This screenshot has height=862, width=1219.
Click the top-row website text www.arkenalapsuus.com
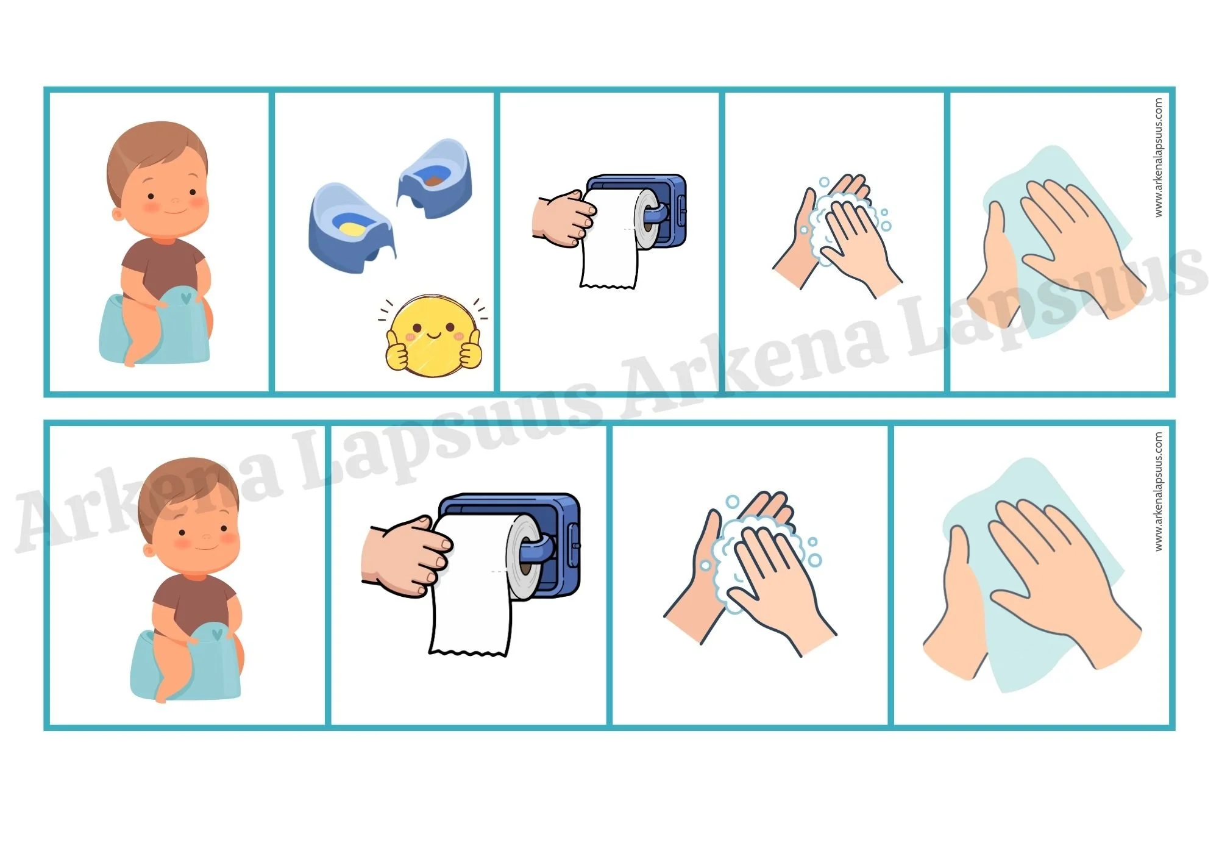point(1158,157)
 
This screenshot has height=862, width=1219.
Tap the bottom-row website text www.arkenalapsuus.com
point(1158,492)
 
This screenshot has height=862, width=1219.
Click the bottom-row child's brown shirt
point(194,600)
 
